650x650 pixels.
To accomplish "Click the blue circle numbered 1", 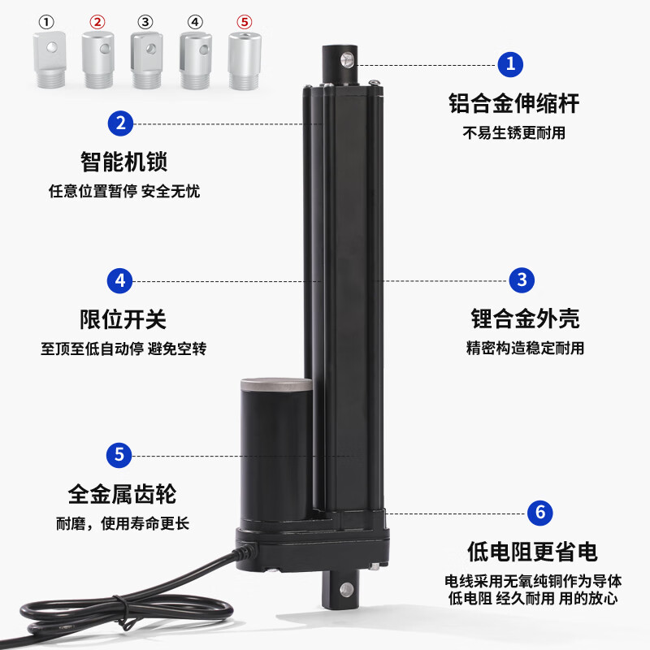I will tap(510, 63).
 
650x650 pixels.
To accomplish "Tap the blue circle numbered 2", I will tap(120, 123).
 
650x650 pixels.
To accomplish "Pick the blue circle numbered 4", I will tap(120, 280).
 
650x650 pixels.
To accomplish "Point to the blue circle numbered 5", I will tap(119, 454).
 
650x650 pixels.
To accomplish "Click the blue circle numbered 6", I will tap(539, 513).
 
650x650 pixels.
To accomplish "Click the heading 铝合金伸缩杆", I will tap(513, 104).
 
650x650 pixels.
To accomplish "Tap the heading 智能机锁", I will tap(123, 162).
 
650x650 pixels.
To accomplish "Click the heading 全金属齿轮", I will tap(122, 493).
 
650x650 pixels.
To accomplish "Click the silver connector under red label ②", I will tap(97, 60).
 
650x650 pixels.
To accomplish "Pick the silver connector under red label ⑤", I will tap(243, 60).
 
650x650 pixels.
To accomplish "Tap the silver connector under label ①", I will tap(49, 60).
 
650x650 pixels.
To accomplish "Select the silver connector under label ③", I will tap(145, 60).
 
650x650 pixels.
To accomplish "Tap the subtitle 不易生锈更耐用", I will tap(513, 133).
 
